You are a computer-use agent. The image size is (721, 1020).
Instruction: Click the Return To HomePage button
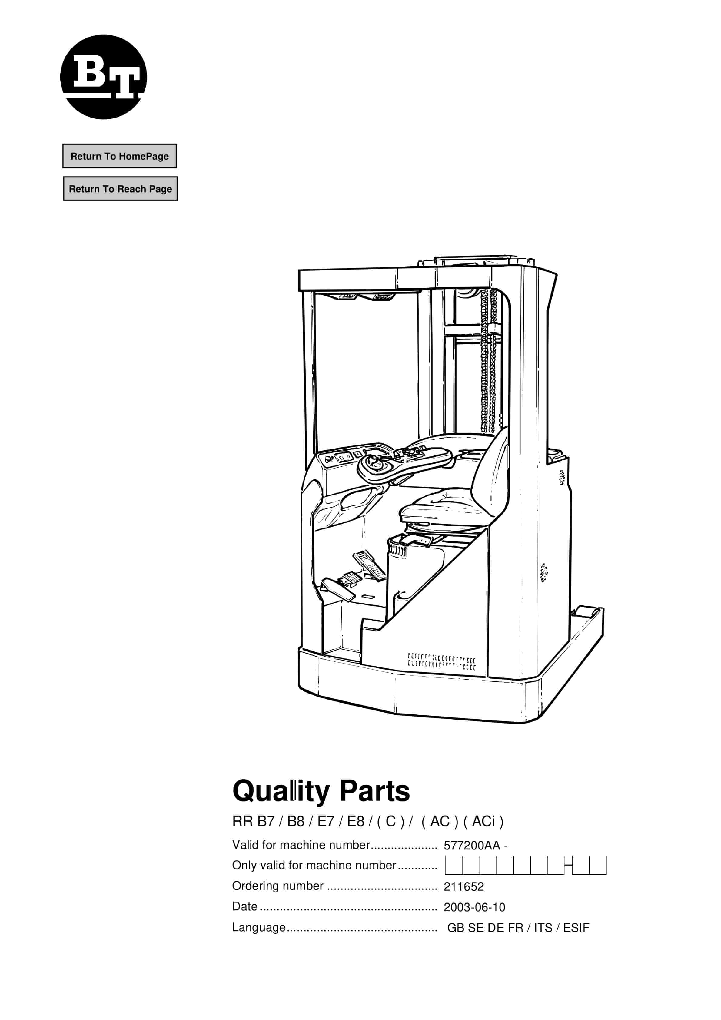coord(120,156)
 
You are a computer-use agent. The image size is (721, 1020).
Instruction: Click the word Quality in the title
coord(281,792)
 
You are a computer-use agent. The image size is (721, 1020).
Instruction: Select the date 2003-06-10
coord(474,907)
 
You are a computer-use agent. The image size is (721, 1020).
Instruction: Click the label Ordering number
coord(277,886)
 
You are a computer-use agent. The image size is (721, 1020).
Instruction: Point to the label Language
coord(259,928)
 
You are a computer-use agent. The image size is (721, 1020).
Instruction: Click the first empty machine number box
coord(454,866)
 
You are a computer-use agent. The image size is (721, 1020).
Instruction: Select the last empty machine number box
coord(598,866)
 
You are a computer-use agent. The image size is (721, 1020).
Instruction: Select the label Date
coord(244,906)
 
